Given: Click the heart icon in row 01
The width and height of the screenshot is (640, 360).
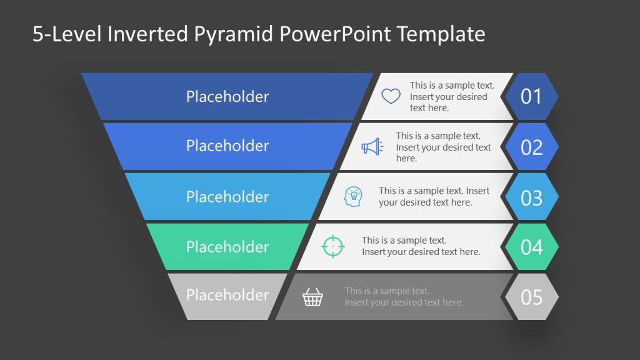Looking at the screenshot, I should coord(391,96).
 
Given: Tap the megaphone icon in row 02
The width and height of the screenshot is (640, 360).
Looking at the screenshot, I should coord(372,147).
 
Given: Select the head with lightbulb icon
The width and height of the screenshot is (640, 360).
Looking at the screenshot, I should coord(353,197).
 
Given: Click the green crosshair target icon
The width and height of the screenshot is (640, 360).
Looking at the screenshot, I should coord(332,246).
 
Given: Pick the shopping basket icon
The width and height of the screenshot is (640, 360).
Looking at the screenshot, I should coord(312,297).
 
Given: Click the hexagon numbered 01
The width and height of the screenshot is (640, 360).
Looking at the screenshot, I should coord(531,96).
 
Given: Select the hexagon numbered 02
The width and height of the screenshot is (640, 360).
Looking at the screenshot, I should coord(531,147).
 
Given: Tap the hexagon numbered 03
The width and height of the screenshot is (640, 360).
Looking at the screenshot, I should coord(531,197).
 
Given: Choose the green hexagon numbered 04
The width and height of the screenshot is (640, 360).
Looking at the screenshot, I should coord(531,247).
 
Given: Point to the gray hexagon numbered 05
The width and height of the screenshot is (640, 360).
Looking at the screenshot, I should coord(531,297).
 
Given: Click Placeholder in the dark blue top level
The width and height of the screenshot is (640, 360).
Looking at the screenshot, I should coord(227,96).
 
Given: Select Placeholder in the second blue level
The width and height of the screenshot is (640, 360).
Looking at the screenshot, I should coord(227,146).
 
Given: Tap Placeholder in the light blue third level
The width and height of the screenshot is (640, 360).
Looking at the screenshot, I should coord(227,196).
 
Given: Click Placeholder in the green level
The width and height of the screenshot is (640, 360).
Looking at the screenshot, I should coord(227,246).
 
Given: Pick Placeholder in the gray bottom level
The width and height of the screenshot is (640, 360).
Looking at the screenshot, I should coord(227,295).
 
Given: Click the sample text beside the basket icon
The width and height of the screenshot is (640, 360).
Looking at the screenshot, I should coord(404,297).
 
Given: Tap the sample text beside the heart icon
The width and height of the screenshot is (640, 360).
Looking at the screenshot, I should coord(452,96).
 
